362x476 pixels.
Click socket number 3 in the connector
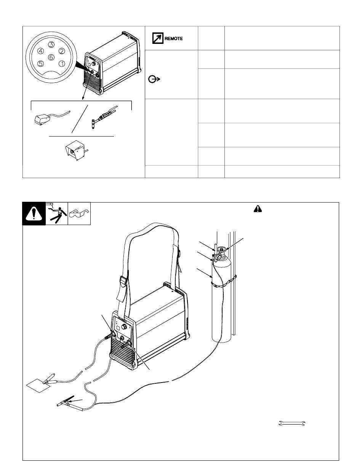(51, 45)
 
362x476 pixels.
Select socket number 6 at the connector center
(51, 57)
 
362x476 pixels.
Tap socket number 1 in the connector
(62, 64)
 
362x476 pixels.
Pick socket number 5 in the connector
(40, 64)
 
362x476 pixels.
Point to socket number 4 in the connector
(40, 51)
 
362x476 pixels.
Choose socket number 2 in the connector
(62, 51)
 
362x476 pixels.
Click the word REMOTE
(173, 39)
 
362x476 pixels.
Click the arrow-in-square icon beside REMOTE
(158, 38)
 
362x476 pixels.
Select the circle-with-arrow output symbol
(154, 79)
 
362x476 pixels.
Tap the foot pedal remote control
(43, 119)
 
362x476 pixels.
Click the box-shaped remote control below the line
(75, 150)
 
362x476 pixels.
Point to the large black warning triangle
(34, 214)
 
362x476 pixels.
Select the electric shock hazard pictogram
(57, 214)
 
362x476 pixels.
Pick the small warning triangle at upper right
(258, 209)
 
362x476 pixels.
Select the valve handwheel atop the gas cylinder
(221, 249)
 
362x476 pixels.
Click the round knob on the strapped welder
(124, 326)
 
